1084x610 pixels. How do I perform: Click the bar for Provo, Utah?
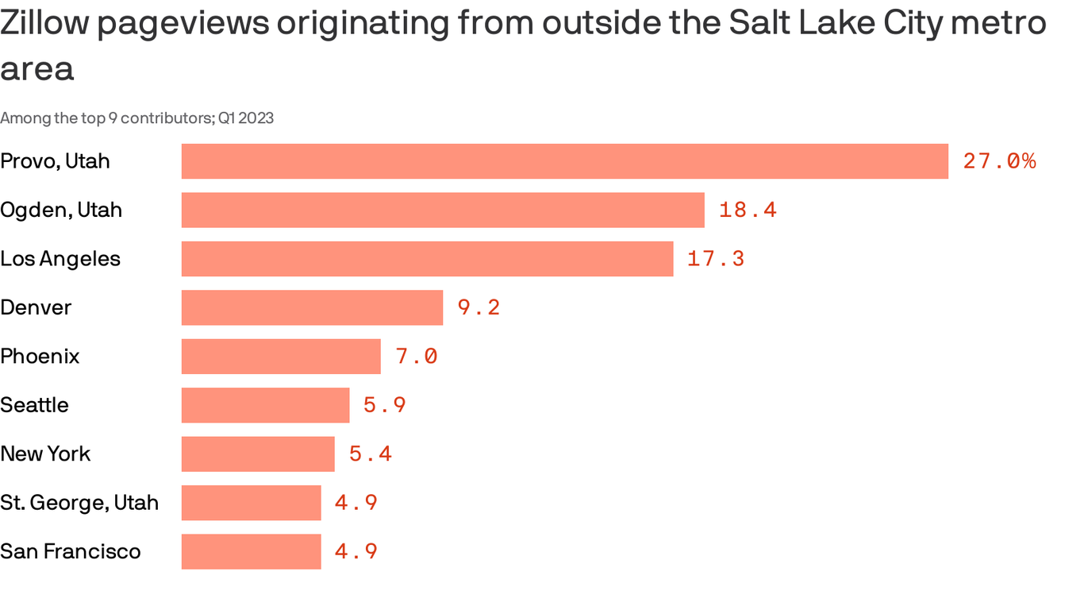(564, 161)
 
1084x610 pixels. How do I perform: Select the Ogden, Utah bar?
(443, 210)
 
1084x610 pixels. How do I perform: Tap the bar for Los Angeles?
(427, 259)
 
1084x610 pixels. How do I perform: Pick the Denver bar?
(312, 307)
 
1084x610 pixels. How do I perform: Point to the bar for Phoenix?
(281, 357)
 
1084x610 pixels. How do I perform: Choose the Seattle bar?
(265, 405)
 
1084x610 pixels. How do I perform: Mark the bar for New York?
(258, 454)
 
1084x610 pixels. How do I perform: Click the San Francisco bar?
(251, 551)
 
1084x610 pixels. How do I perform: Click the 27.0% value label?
(999, 161)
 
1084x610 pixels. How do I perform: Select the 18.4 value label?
(748, 210)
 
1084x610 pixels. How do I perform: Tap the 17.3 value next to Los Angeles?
(716, 259)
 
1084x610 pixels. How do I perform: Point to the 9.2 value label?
(479, 307)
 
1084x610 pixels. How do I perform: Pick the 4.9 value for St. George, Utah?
(356, 503)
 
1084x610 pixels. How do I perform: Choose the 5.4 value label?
(371, 454)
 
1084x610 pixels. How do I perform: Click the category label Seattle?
(34, 405)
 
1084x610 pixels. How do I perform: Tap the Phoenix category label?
(40, 357)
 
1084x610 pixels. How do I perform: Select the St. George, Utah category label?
(79, 503)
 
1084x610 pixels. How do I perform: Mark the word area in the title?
(37, 69)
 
